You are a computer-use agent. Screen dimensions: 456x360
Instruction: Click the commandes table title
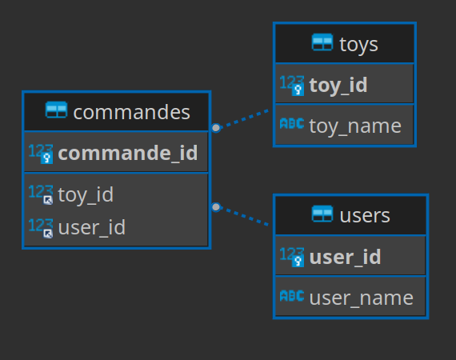[132, 112]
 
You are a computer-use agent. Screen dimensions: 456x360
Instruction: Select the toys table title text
[358, 45]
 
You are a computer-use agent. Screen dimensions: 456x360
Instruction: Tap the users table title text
[365, 216]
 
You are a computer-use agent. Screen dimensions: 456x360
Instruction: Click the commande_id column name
[128, 153]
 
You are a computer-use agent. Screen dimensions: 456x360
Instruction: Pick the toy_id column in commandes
[86, 195]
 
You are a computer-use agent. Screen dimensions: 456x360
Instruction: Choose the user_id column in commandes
[92, 227]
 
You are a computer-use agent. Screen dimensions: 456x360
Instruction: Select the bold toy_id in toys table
[338, 86]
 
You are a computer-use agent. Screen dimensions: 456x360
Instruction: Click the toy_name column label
[355, 126]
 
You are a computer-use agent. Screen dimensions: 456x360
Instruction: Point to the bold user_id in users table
[345, 257]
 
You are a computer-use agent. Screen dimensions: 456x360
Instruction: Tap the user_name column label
[362, 298]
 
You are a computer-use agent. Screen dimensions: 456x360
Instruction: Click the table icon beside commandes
[57, 110]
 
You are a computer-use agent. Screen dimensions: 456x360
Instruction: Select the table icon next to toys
[322, 42]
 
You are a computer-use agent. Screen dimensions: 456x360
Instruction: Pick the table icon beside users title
[322, 214]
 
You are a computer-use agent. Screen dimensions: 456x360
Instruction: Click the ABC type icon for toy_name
[292, 123]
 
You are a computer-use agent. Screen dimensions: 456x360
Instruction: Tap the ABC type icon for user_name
[292, 296]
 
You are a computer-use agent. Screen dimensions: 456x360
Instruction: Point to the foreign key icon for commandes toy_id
[48, 200]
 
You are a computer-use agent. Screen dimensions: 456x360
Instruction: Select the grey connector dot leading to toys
[216, 128]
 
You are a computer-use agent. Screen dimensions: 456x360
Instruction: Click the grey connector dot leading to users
[216, 207]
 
